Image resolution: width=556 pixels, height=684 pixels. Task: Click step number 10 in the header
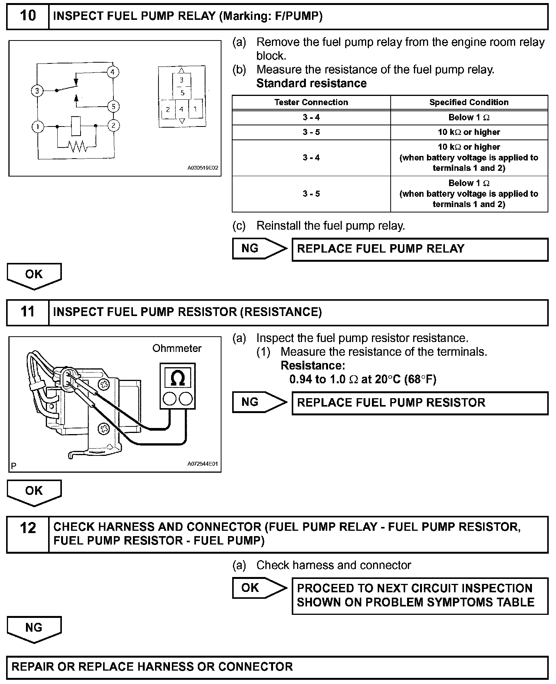(x=28, y=16)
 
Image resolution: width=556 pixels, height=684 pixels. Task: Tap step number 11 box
(x=28, y=312)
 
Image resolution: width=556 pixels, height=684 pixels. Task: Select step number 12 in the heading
(x=28, y=528)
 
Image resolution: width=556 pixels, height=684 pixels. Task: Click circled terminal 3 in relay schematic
(x=37, y=91)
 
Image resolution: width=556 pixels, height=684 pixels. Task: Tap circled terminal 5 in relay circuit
(x=113, y=106)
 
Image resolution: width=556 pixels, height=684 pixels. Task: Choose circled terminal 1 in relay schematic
(x=38, y=126)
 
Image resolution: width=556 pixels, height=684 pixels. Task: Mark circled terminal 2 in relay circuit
(x=113, y=125)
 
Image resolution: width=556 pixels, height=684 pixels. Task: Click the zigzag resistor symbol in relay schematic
(x=78, y=146)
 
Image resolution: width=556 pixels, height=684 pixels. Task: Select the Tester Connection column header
(x=311, y=102)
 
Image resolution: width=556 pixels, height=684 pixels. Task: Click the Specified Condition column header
(x=469, y=102)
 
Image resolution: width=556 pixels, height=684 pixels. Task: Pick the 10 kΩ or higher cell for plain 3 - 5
(x=469, y=132)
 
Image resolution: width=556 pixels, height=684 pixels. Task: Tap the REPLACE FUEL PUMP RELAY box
(x=419, y=249)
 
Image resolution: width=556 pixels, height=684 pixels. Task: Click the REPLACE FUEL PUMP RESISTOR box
(x=419, y=403)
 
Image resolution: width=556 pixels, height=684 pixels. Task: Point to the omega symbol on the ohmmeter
(x=178, y=378)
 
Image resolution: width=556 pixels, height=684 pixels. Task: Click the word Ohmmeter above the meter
(x=177, y=348)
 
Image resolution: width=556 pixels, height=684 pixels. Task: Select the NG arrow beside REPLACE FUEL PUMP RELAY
(x=259, y=249)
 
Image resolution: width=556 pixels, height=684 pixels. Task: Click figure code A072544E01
(x=202, y=464)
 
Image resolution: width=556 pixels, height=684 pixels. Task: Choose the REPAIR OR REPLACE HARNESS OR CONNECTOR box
(x=277, y=667)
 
